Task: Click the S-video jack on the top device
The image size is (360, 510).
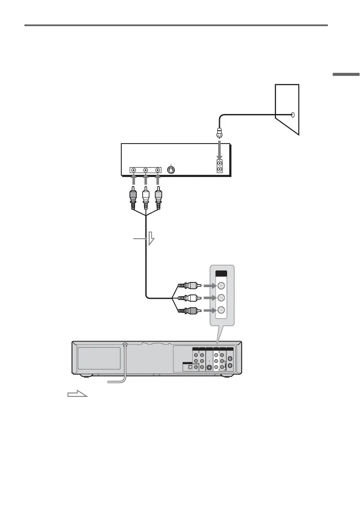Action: pos(171,170)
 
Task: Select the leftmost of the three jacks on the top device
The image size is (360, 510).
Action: pos(134,170)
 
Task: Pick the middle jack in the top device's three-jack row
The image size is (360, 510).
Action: pos(146,170)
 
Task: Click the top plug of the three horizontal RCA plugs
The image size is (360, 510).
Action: pos(187,285)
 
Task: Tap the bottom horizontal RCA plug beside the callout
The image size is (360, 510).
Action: pos(187,310)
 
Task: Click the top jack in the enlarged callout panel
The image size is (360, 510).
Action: pos(221,285)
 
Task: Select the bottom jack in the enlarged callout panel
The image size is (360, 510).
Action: pos(221,310)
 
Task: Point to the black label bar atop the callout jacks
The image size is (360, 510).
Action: pos(221,273)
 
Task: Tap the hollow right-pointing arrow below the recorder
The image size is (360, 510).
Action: pos(77,394)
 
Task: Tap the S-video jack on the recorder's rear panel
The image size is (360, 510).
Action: pos(209,367)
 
